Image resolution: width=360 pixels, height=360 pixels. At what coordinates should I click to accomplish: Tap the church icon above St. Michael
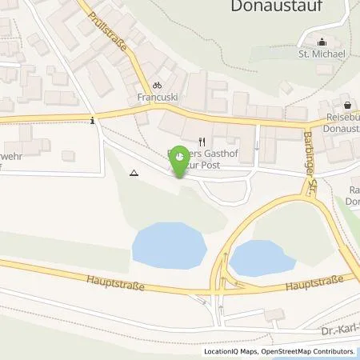(322, 42)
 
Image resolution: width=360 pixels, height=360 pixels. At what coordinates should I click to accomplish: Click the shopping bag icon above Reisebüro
(347, 105)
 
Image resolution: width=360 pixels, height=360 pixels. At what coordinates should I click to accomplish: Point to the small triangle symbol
(134, 172)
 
